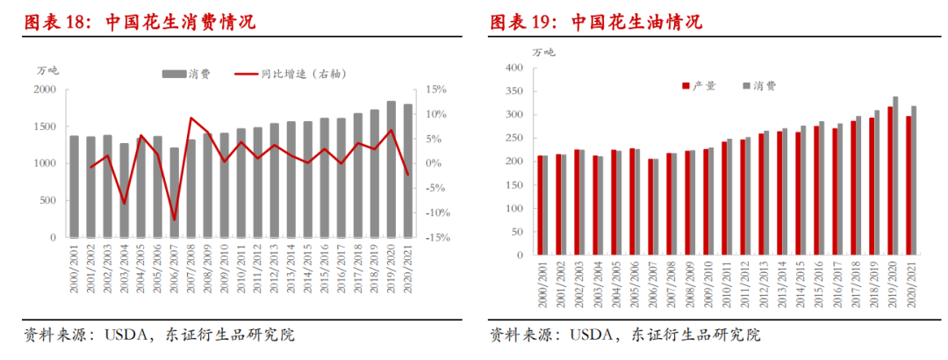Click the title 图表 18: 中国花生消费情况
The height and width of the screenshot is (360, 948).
coord(139,22)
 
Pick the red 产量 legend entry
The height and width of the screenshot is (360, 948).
coord(700,86)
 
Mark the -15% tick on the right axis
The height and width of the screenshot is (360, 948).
coord(436,238)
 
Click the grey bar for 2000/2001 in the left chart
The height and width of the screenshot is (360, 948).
coord(75,186)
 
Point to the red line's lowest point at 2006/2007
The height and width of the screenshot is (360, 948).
coord(175,220)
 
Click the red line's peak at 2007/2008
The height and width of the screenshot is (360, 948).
coord(191,118)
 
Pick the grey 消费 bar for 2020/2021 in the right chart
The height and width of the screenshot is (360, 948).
coord(914,180)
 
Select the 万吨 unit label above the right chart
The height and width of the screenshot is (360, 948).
coord(544,53)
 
